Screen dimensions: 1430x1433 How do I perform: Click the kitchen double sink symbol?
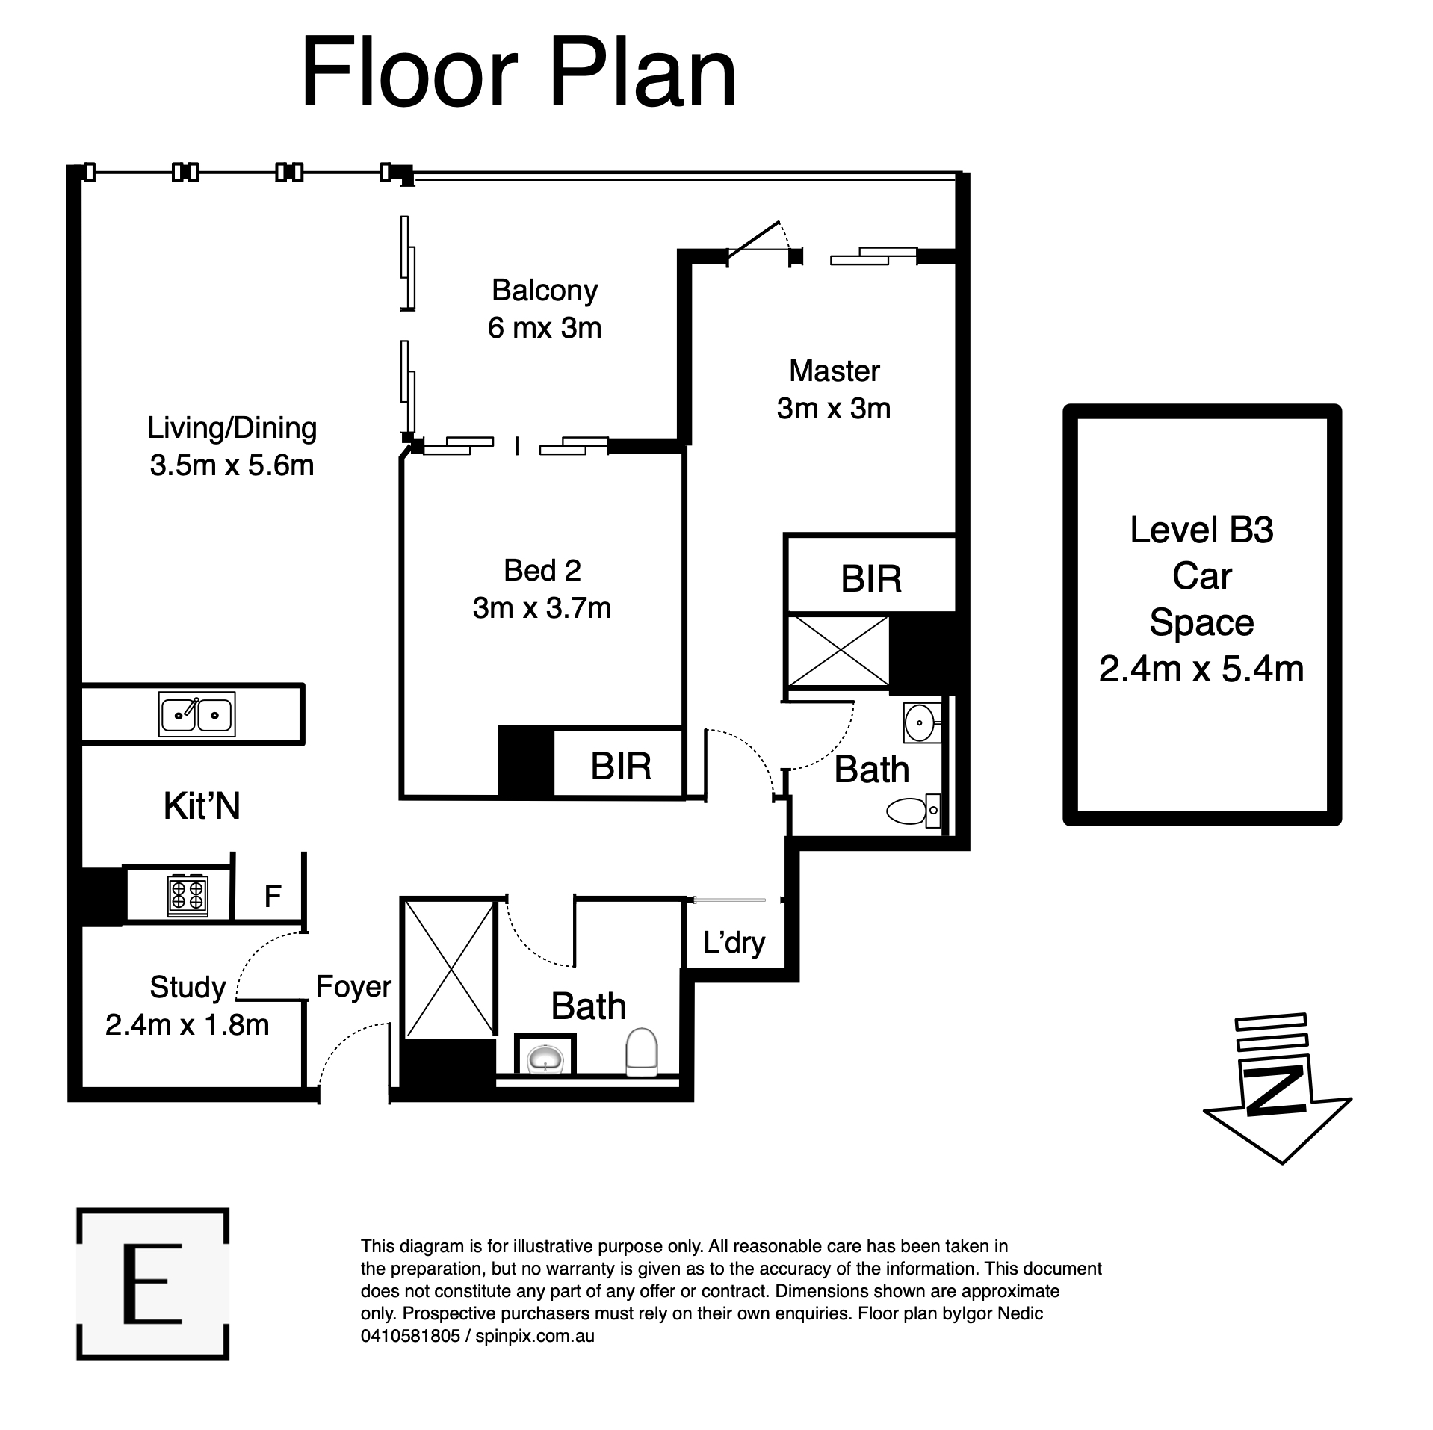(x=196, y=714)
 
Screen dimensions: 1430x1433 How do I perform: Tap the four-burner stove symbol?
(x=188, y=896)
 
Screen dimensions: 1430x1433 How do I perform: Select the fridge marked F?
(x=272, y=896)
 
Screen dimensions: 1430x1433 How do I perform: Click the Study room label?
(x=188, y=987)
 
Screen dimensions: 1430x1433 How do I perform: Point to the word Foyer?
(x=353, y=986)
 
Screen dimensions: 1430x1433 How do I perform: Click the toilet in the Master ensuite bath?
(x=912, y=811)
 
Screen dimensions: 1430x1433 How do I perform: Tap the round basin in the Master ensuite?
(x=920, y=722)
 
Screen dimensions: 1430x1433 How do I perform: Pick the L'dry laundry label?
(x=734, y=943)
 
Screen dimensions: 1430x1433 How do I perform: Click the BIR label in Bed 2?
(x=620, y=767)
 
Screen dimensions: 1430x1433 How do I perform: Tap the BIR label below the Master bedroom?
(x=870, y=579)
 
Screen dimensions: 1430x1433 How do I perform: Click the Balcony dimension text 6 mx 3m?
(x=544, y=328)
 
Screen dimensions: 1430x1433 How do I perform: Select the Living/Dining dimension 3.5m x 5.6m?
(x=232, y=465)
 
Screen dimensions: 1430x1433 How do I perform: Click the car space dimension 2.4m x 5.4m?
(x=1201, y=669)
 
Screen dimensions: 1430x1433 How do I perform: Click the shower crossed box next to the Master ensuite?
(x=838, y=651)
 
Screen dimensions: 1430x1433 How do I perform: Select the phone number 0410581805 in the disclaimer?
(x=409, y=1335)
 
